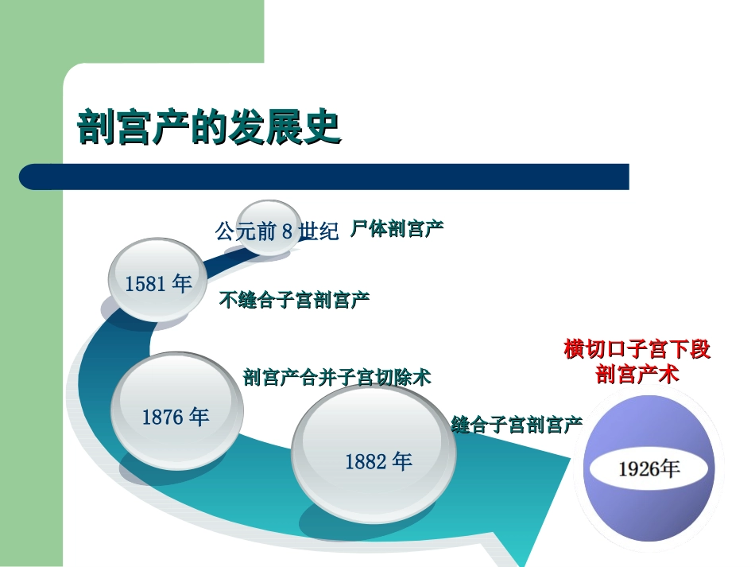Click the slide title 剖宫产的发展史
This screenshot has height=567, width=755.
click(209, 127)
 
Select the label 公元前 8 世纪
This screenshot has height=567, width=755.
click(277, 231)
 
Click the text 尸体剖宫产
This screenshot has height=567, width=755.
click(397, 229)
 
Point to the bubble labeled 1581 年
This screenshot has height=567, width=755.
click(158, 283)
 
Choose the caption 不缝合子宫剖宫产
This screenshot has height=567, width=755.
click(294, 301)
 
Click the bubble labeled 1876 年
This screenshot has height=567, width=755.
click(176, 415)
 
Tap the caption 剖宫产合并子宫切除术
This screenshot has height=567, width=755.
click(337, 377)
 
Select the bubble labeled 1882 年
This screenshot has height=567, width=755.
click(377, 461)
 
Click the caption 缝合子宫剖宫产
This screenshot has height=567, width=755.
click(517, 425)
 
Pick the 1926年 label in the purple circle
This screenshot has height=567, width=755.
click(649, 468)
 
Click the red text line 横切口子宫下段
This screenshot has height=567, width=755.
click(637, 349)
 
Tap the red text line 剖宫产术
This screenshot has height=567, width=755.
click(637, 374)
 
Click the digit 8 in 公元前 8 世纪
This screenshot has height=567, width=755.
click(288, 232)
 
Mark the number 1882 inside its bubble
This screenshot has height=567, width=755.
click(366, 462)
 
